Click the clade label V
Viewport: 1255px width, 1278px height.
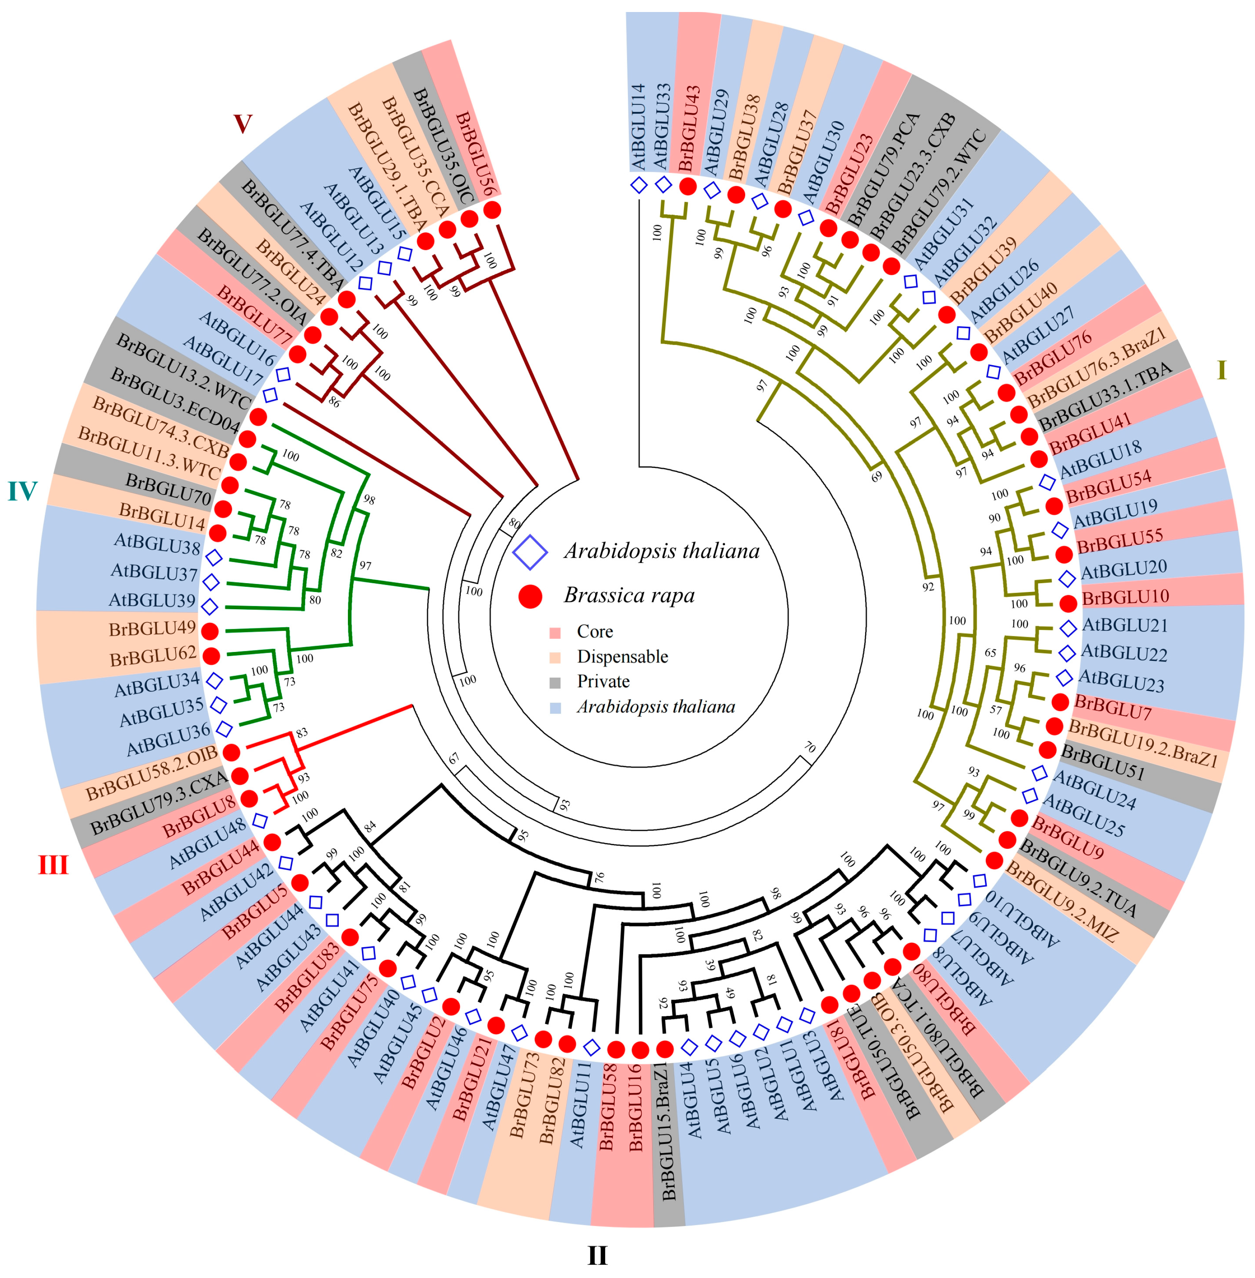(x=243, y=123)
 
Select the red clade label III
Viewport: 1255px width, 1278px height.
(x=53, y=864)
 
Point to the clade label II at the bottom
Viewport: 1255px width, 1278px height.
(x=597, y=1256)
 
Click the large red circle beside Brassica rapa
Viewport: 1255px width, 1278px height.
(x=530, y=596)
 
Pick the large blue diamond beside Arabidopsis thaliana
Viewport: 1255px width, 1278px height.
(x=530, y=552)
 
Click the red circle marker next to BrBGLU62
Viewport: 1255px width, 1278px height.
(x=211, y=656)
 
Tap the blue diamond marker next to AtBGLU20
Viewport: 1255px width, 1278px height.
(x=1067, y=579)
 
